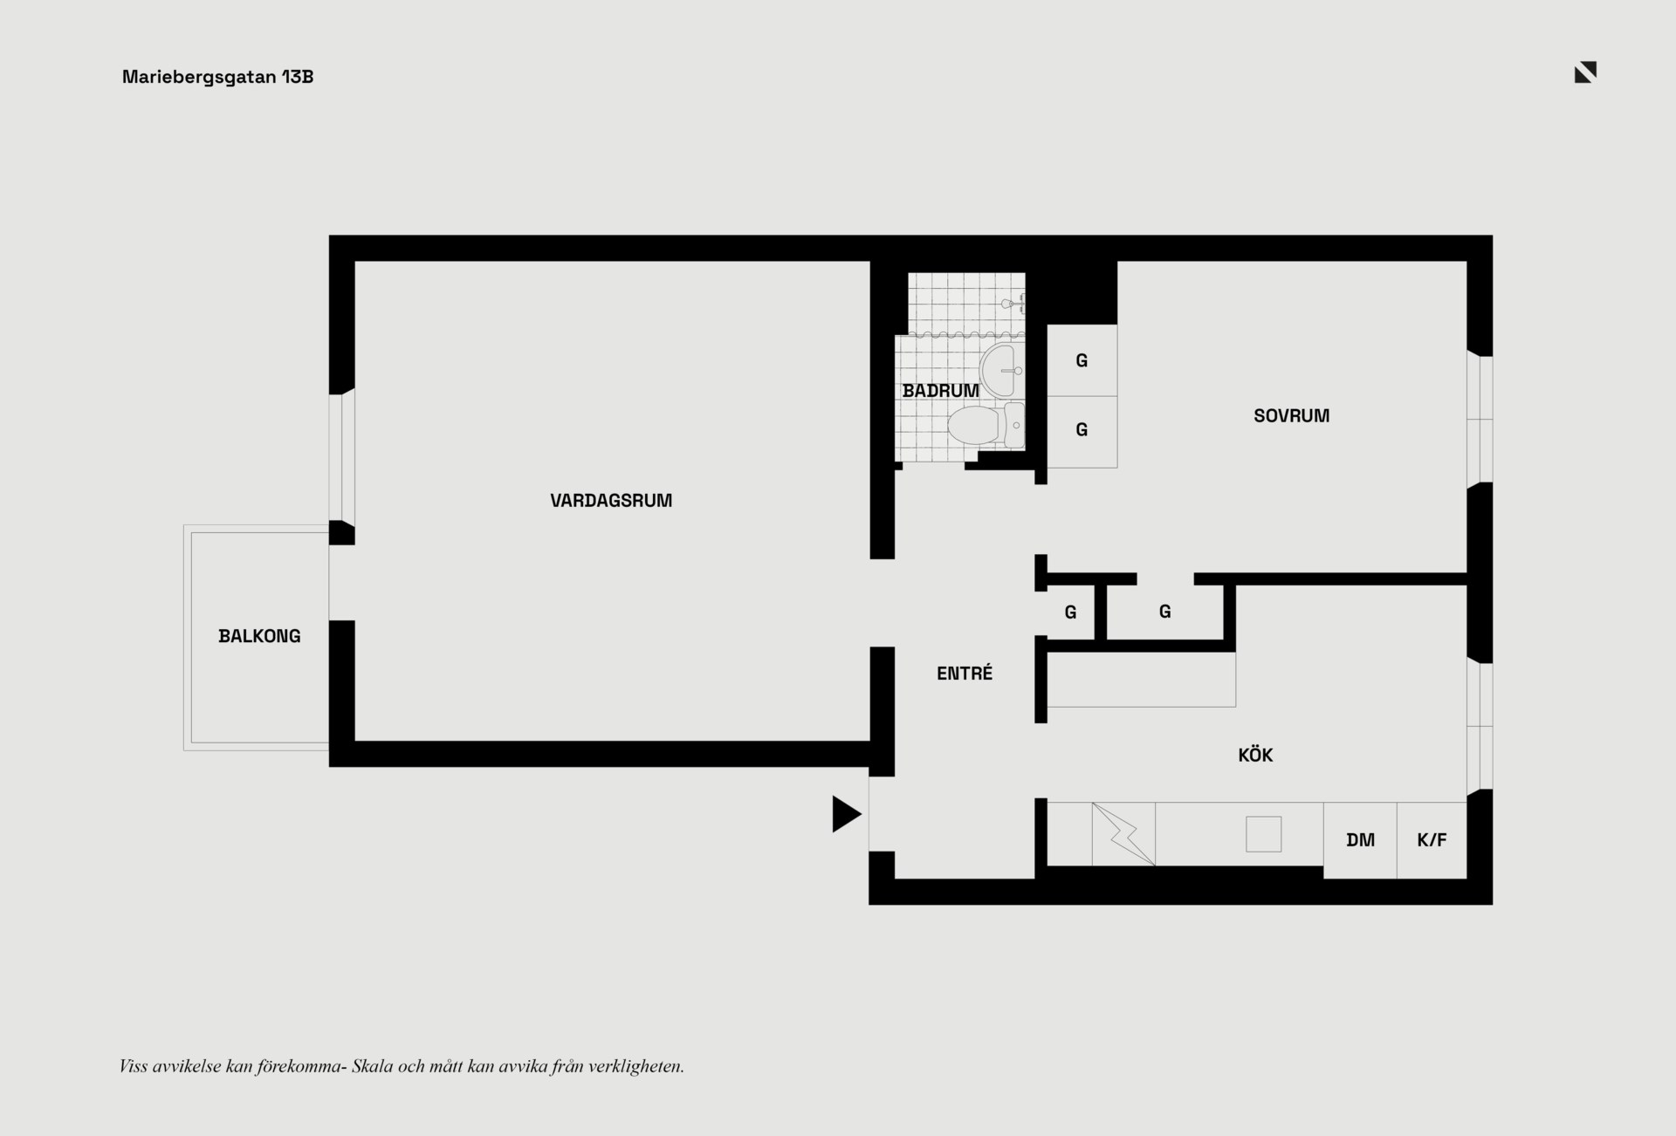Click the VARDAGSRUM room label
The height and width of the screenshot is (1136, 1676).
[611, 501]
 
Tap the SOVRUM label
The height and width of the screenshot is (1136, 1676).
[1292, 416]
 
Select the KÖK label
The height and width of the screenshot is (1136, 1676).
[1255, 755]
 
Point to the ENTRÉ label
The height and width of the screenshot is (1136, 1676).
[965, 673]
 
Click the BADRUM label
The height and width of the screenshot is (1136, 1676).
[941, 391]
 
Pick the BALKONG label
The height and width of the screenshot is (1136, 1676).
[259, 636]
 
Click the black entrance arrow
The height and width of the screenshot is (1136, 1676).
[846, 814]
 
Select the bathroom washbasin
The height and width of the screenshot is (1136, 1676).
[1001, 370]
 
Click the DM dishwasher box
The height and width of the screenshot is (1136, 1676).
[1360, 840]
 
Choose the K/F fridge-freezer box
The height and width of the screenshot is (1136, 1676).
[1432, 840]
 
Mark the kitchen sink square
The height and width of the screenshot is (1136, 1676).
[1263, 834]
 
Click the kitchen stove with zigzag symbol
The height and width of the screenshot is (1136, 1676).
[1123, 834]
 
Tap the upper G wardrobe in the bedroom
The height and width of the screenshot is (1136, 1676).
[1082, 360]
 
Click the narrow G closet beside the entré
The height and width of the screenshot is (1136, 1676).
[1070, 612]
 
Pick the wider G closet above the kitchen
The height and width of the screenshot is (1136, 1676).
[1164, 612]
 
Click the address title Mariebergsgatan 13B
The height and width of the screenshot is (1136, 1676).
[217, 77]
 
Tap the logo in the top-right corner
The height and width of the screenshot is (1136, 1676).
[1585, 72]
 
